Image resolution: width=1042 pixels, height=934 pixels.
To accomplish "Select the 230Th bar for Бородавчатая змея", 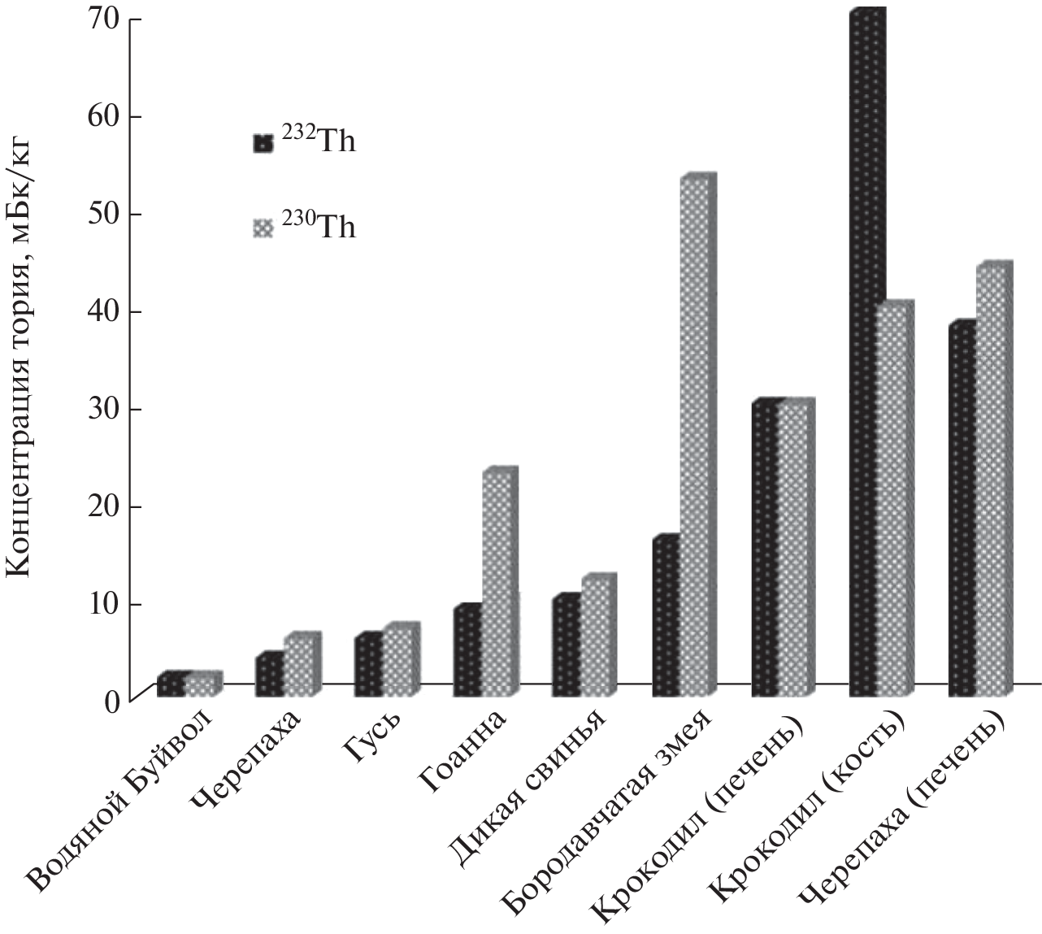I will (695, 439).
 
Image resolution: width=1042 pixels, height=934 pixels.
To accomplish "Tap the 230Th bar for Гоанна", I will (497, 585).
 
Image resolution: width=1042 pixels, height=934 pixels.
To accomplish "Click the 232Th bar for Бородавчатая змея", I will (666, 618).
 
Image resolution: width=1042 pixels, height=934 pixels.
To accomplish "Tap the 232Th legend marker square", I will (263, 144).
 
